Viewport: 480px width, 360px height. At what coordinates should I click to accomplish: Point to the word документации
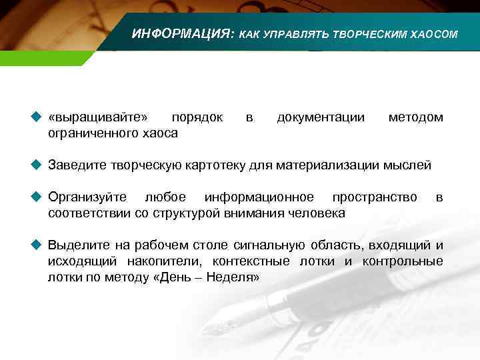pyautogui.click(x=321, y=117)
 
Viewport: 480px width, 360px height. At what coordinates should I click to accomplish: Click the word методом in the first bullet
pyautogui.click(x=415, y=117)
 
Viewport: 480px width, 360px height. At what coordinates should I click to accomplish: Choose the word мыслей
pyautogui.click(x=409, y=165)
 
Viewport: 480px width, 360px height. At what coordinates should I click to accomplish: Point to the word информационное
pyautogui.click(x=259, y=197)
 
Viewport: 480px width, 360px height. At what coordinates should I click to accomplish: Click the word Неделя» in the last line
pyautogui.click(x=235, y=277)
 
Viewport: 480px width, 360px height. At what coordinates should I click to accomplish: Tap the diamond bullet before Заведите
pyautogui.click(x=37, y=165)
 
